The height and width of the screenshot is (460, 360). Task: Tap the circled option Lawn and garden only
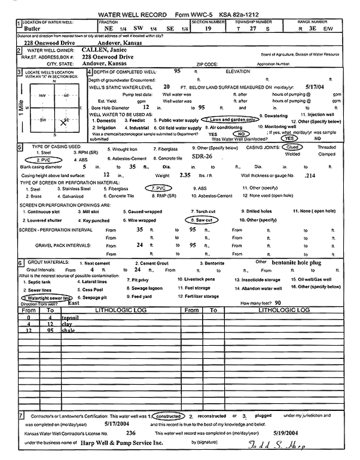232,120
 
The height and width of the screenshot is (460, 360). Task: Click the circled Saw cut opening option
203,220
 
